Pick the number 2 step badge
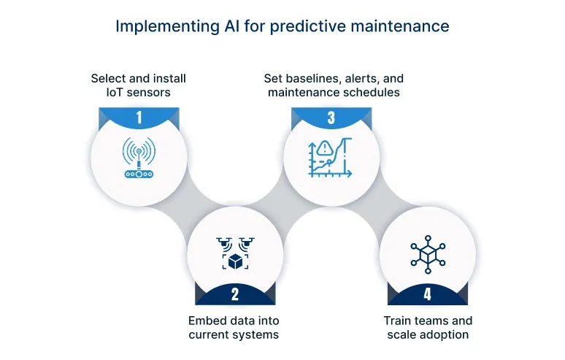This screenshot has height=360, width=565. pos(235,294)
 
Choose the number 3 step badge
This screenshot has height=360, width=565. pos(330,118)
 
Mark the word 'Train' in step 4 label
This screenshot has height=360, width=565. pos(399,321)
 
